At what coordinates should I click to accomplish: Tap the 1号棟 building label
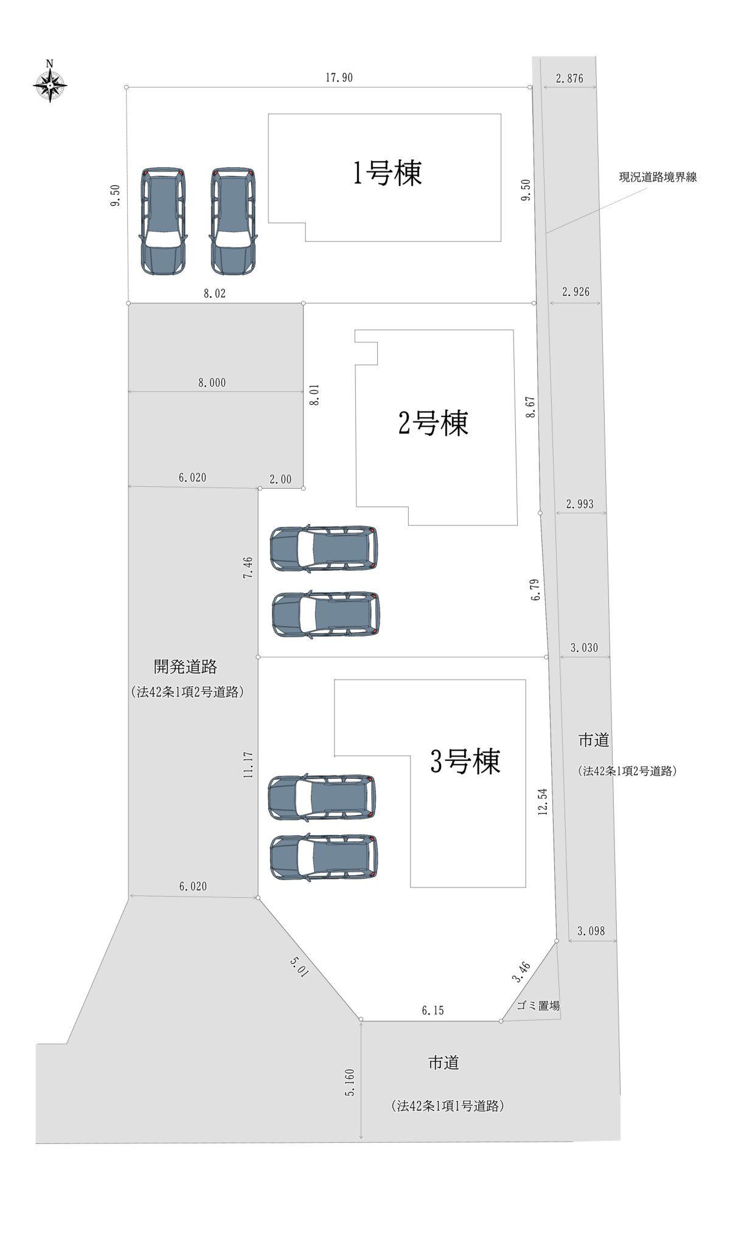point(388,173)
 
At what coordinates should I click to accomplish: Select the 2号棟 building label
point(433,423)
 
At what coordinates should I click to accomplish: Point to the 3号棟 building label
point(465,761)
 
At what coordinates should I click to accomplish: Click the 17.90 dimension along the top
point(339,78)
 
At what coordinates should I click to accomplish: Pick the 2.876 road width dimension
point(569,78)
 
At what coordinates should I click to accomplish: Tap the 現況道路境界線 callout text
point(658,177)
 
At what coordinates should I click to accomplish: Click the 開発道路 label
point(186,667)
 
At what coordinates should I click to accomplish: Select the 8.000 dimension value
point(212,382)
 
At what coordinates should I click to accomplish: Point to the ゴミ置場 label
point(538,1006)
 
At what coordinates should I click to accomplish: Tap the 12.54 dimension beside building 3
point(543,802)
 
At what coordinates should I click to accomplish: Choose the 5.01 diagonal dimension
point(299,966)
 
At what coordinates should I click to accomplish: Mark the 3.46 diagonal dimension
point(521,972)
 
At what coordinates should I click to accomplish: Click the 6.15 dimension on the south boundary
point(433,1011)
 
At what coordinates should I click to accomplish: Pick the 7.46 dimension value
point(248,567)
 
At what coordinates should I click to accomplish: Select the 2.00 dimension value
point(280,480)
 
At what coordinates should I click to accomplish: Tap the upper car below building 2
point(324,548)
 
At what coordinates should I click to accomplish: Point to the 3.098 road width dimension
point(591,931)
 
